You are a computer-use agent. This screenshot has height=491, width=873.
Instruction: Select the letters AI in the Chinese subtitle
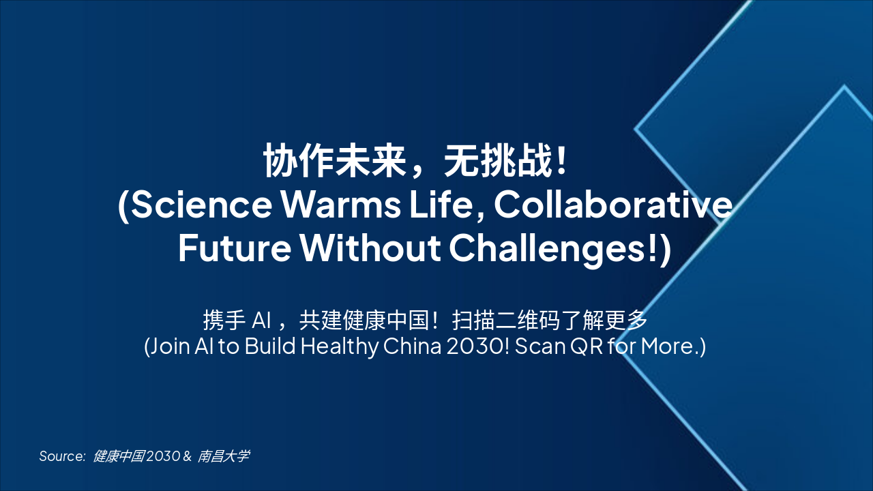(263, 320)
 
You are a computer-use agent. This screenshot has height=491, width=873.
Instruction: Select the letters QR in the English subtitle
(583, 346)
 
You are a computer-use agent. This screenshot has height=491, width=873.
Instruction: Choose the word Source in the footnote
(61, 456)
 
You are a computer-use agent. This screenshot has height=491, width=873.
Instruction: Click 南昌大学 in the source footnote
(224, 456)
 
